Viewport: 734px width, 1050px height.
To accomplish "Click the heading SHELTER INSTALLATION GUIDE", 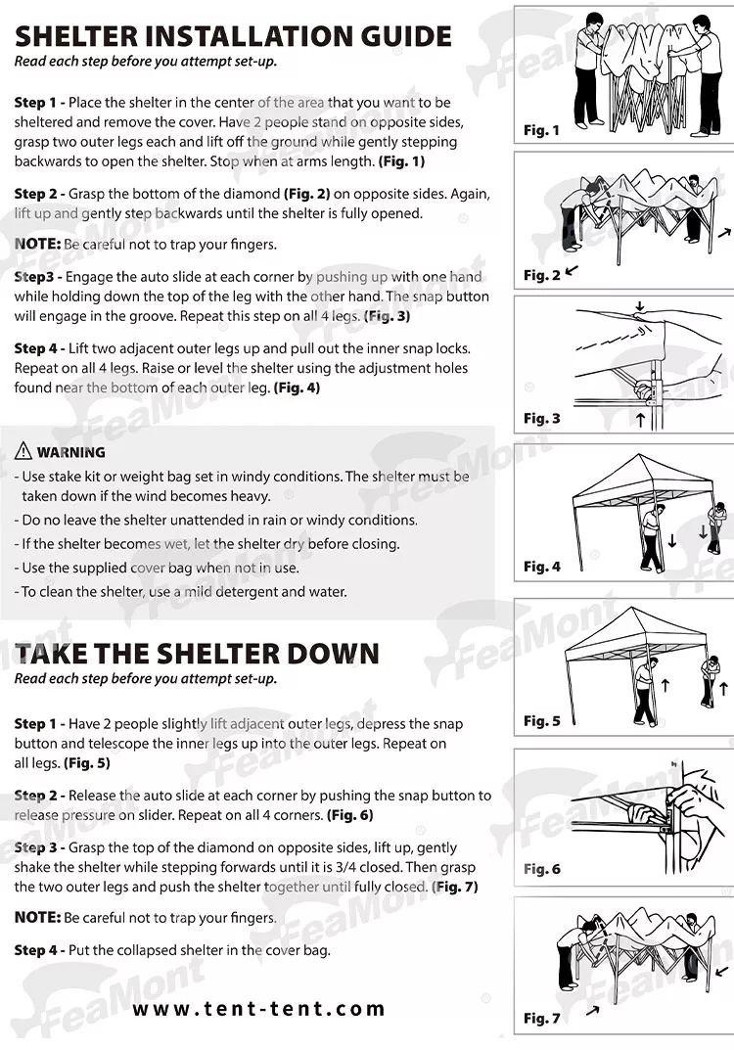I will pos(233,36).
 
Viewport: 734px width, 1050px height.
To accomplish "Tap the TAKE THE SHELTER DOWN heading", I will pos(196,653).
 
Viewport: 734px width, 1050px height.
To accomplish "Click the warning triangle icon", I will pos(23,452).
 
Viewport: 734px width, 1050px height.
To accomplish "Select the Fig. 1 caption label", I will pos(541,130).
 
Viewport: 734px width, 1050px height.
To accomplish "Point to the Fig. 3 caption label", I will pos(541,418).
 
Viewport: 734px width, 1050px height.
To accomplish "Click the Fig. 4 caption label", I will pos(541,567).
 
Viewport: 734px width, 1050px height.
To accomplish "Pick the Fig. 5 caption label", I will pos(541,721).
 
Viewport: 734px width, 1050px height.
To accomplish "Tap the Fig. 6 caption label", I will pos(541,869).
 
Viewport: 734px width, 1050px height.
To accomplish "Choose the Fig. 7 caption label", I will pos(541,1019).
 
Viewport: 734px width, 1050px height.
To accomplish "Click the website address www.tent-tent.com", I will pos(259,1009).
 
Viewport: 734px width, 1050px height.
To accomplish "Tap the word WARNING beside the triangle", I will pos(70,453).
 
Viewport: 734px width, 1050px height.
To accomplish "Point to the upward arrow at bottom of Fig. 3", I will pos(641,420).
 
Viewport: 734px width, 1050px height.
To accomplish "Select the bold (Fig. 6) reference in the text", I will pos(349,814).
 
